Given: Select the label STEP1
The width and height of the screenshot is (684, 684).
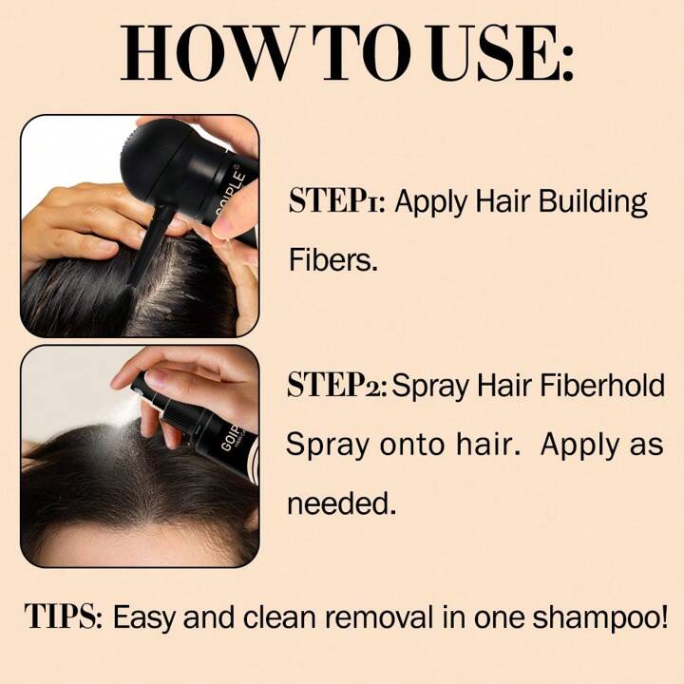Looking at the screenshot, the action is pyautogui.click(x=336, y=200).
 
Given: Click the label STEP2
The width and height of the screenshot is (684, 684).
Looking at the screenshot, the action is pyautogui.click(x=336, y=385).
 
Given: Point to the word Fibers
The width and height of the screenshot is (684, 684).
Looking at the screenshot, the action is pyautogui.click(x=332, y=259).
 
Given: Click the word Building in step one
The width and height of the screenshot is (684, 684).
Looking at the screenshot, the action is pyautogui.click(x=593, y=203).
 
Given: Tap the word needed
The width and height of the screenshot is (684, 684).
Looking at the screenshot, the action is pyautogui.click(x=342, y=503).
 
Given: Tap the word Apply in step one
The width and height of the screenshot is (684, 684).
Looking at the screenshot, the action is pyautogui.click(x=430, y=203).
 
